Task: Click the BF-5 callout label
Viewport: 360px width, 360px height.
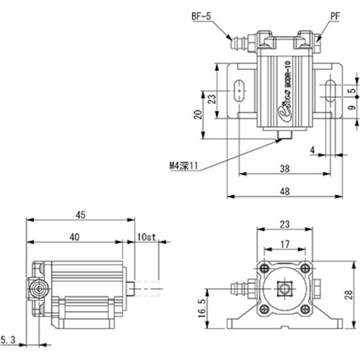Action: click(202, 14)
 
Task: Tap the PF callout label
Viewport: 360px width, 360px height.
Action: click(336, 14)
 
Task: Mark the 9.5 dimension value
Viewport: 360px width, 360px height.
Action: click(351, 108)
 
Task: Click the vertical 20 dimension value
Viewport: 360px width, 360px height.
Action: click(197, 116)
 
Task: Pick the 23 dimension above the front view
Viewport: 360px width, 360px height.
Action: click(286, 223)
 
